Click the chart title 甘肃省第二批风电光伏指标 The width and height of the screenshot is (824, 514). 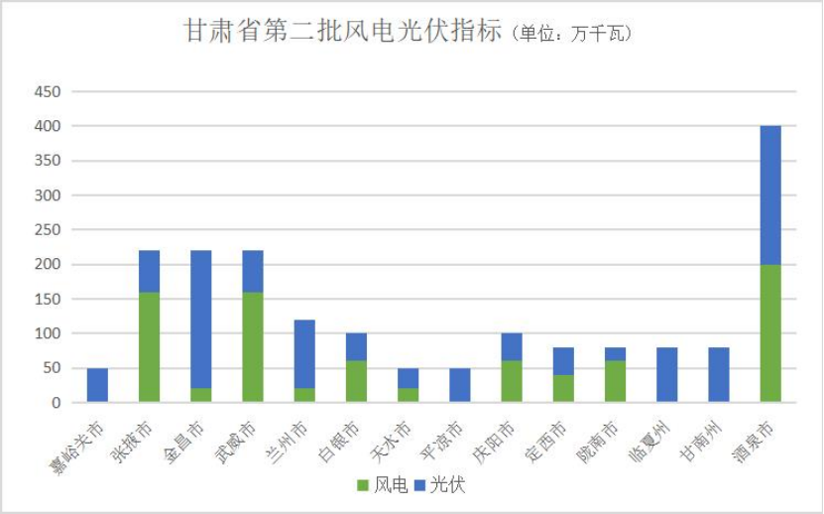[x=343, y=32]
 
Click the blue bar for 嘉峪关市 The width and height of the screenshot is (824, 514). [x=97, y=385]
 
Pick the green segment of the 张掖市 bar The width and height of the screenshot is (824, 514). [x=149, y=346]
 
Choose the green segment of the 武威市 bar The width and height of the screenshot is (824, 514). [x=253, y=346]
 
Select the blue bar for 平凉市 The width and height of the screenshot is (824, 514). [x=459, y=385]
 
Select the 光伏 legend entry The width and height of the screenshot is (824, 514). [x=439, y=485]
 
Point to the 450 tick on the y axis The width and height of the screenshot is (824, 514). [x=48, y=92]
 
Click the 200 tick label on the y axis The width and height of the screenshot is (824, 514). [x=48, y=265]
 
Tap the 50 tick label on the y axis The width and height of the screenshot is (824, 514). [x=52, y=368]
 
